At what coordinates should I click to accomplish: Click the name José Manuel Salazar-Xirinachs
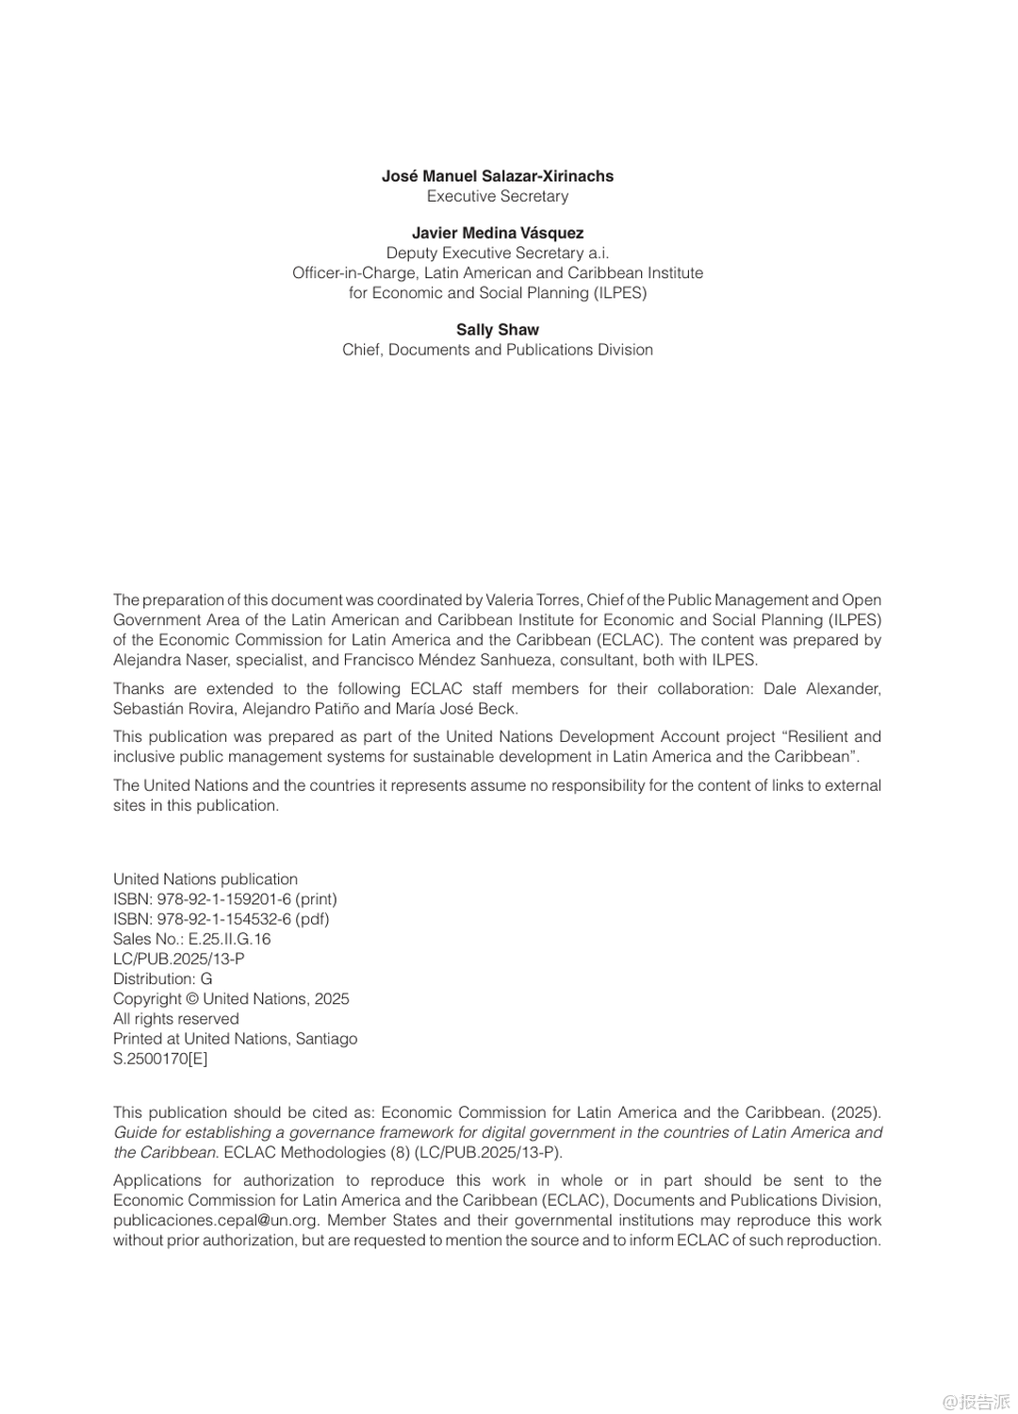[x=498, y=176]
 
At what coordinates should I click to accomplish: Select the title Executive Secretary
[x=498, y=196]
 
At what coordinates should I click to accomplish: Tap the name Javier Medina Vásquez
[x=498, y=233]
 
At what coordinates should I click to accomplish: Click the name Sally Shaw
[x=498, y=330]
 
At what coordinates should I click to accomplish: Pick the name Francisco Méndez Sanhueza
[x=460, y=660]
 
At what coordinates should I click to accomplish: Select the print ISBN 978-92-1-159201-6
[x=224, y=899]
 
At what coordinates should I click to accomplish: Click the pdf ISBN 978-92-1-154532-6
[x=224, y=919]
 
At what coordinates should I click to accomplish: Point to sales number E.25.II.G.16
[x=229, y=939]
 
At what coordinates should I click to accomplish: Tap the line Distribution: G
[x=162, y=978]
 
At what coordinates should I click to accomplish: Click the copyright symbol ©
[x=192, y=999]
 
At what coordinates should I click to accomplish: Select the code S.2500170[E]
[x=160, y=1059]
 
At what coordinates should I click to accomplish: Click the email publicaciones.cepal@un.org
[x=216, y=1221]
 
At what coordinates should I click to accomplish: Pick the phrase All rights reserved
[x=176, y=1019]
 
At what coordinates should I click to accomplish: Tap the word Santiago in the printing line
[x=326, y=1039]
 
